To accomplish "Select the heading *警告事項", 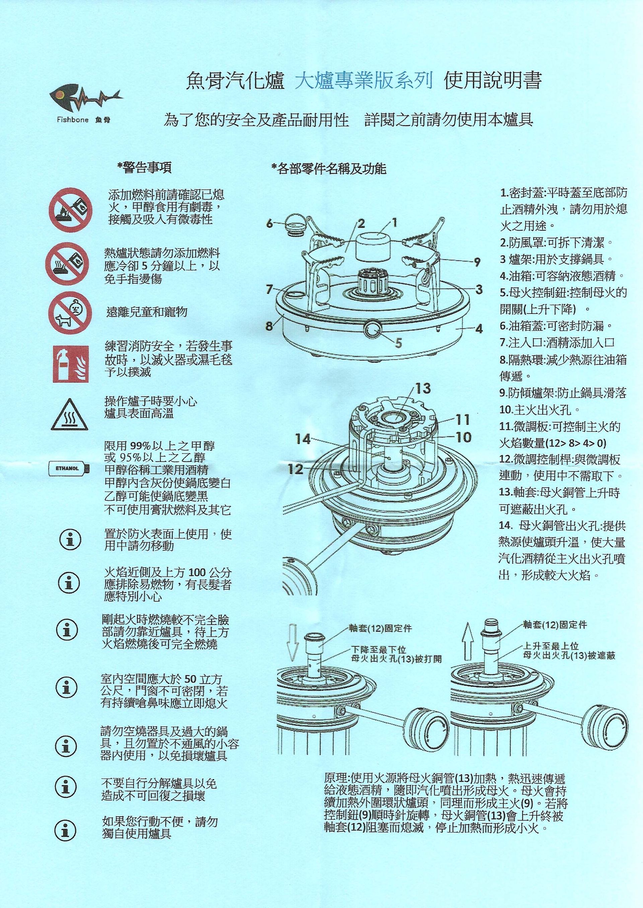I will pos(145,168).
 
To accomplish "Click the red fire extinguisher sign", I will pos(70,364).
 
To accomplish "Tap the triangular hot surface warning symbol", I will pos(69,414).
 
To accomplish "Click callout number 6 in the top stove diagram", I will pos(270,224).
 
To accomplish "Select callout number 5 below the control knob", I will pos(398,343).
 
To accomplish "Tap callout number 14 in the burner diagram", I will pos(303,439).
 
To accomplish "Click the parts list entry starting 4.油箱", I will pos(562,276).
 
